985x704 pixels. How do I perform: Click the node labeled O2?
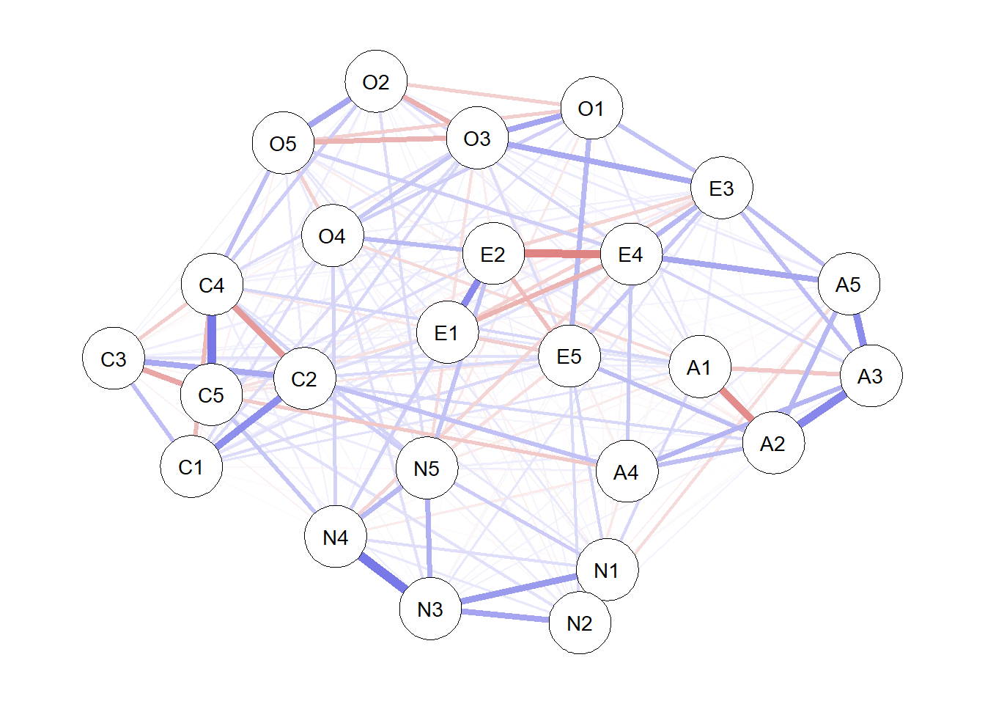pyautogui.click(x=376, y=81)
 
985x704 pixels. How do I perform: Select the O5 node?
pyautogui.click(x=283, y=143)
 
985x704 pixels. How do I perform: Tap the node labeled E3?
pyautogui.click(x=722, y=188)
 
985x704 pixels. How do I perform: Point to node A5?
pyautogui.click(x=849, y=284)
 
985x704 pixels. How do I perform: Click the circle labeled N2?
pyautogui.click(x=580, y=623)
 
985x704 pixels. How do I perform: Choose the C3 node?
pyautogui.click(x=114, y=359)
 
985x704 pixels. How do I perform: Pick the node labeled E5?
pyautogui.click(x=569, y=356)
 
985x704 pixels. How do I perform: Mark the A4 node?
pyautogui.click(x=627, y=472)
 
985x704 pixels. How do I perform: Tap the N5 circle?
pyautogui.click(x=427, y=468)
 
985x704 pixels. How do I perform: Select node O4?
pyautogui.click(x=332, y=235)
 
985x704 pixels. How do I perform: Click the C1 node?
pyautogui.click(x=191, y=466)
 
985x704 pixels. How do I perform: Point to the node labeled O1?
pyautogui.click(x=591, y=108)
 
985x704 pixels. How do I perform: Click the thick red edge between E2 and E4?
pyautogui.click(x=562, y=254)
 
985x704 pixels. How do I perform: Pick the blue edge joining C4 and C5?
pyautogui.click(x=212, y=340)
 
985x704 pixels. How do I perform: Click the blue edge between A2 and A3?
pyautogui.click(x=822, y=410)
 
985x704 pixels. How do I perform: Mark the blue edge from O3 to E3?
pyautogui.click(x=600, y=163)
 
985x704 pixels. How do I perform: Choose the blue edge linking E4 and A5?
pyautogui.click(x=739, y=269)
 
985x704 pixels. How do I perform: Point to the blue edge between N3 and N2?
pyautogui.click(x=505, y=615)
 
